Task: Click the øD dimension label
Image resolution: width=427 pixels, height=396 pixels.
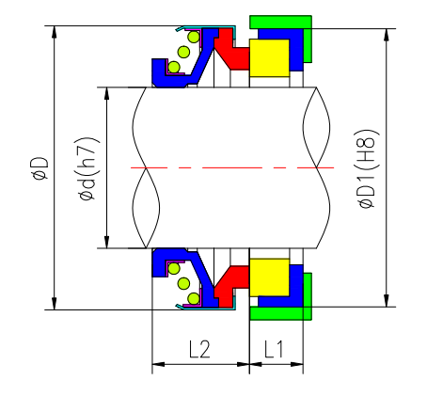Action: tap(40, 167)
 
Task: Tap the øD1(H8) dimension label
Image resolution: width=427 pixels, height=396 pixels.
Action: tap(369, 167)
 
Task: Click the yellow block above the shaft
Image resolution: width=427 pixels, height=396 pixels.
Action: tap(273, 57)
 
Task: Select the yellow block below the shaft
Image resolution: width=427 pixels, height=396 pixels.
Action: tap(273, 277)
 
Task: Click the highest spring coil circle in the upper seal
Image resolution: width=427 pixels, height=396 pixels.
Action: tap(194, 39)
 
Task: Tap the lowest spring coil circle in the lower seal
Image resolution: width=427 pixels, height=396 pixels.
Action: tap(194, 297)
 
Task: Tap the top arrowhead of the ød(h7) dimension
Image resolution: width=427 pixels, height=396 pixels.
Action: tap(107, 93)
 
